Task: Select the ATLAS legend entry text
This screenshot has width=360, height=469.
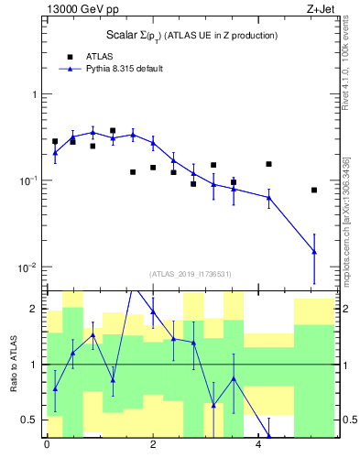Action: click(87, 56)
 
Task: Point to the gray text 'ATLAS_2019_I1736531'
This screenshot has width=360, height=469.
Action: click(191, 274)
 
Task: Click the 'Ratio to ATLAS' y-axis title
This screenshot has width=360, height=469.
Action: click(14, 364)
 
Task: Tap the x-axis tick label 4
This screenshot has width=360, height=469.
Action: click(258, 446)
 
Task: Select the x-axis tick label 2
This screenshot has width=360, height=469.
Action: click(152, 446)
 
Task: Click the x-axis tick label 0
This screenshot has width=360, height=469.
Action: click(47, 446)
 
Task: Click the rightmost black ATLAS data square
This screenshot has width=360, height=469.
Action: click(314, 190)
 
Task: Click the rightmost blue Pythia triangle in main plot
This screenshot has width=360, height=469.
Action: click(314, 251)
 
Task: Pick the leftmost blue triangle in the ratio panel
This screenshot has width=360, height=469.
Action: click(55, 388)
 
